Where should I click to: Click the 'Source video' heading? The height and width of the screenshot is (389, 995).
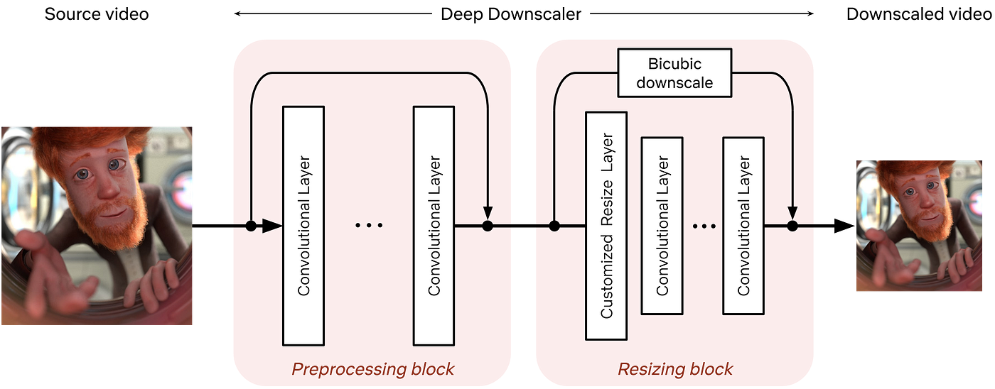tap(97, 14)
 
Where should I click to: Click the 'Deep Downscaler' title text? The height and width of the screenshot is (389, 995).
tap(511, 14)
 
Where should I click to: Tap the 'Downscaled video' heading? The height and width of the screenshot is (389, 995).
tap(919, 14)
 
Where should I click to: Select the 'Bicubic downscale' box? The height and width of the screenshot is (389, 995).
tap(674, 73)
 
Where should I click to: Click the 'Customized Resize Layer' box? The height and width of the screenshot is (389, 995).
tap(606, 226)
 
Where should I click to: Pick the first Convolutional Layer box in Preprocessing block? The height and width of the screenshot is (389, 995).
tap(303, 226)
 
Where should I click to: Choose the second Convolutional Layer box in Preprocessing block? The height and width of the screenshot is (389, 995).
tap(434, 226)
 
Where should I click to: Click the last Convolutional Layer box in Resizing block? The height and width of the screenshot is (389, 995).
tap(743, 226)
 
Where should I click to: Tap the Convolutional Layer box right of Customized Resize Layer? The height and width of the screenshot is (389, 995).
tap(662, 226)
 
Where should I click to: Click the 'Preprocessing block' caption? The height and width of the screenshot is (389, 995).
tap(372, 369)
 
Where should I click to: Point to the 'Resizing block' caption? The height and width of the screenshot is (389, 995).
tap(675, 369)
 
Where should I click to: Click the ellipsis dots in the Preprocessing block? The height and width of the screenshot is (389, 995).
tap(369, 225)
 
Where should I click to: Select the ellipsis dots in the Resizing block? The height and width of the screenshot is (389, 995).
tap(704, 226)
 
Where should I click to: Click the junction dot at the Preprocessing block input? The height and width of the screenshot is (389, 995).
tap(251, 226)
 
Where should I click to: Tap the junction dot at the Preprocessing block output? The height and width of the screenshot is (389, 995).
tap(488, 226)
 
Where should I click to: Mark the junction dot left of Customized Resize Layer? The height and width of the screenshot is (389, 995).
tap(554, 226)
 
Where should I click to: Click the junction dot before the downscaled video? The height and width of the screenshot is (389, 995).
tap(792, 226)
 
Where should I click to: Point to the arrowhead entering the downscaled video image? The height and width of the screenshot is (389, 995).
tap(844, 226)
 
